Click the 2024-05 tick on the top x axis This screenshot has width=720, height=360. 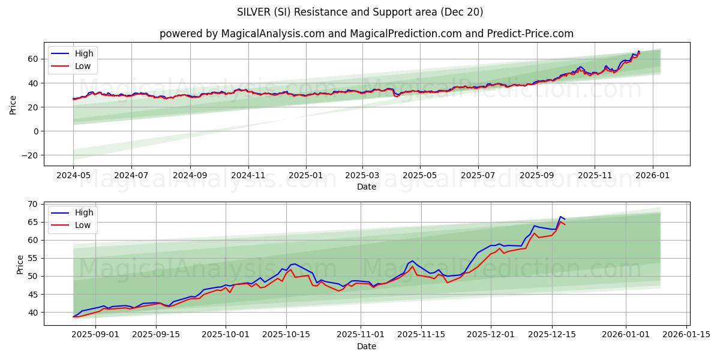coord(74,176)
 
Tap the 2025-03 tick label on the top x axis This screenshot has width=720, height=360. coord(362,176)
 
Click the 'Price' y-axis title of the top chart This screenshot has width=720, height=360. coord(13,104)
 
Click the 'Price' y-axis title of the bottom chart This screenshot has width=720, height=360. coord(20,264)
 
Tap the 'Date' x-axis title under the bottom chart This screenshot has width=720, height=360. coord(366,346)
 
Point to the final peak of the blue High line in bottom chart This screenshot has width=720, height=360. coord(560,217)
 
